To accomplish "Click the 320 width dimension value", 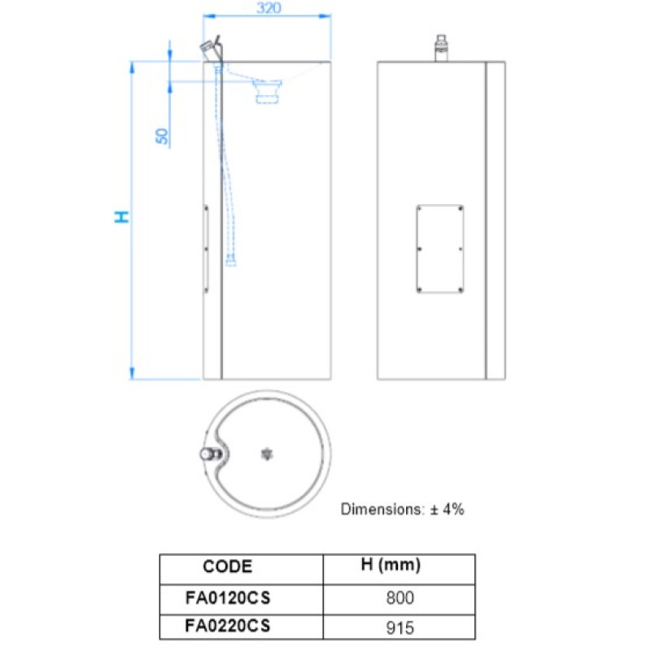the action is point(269,8).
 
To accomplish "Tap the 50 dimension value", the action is point(162,136).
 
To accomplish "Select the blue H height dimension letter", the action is point(121,216).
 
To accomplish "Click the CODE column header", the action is point(228,566).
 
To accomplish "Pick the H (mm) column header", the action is point(391,565).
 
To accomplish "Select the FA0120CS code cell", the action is point(228,598).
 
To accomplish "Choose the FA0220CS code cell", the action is point(228,626).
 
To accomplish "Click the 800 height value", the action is point(400,598).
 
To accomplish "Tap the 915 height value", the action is point(400,627).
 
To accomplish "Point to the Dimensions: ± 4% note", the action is point(402,509).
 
